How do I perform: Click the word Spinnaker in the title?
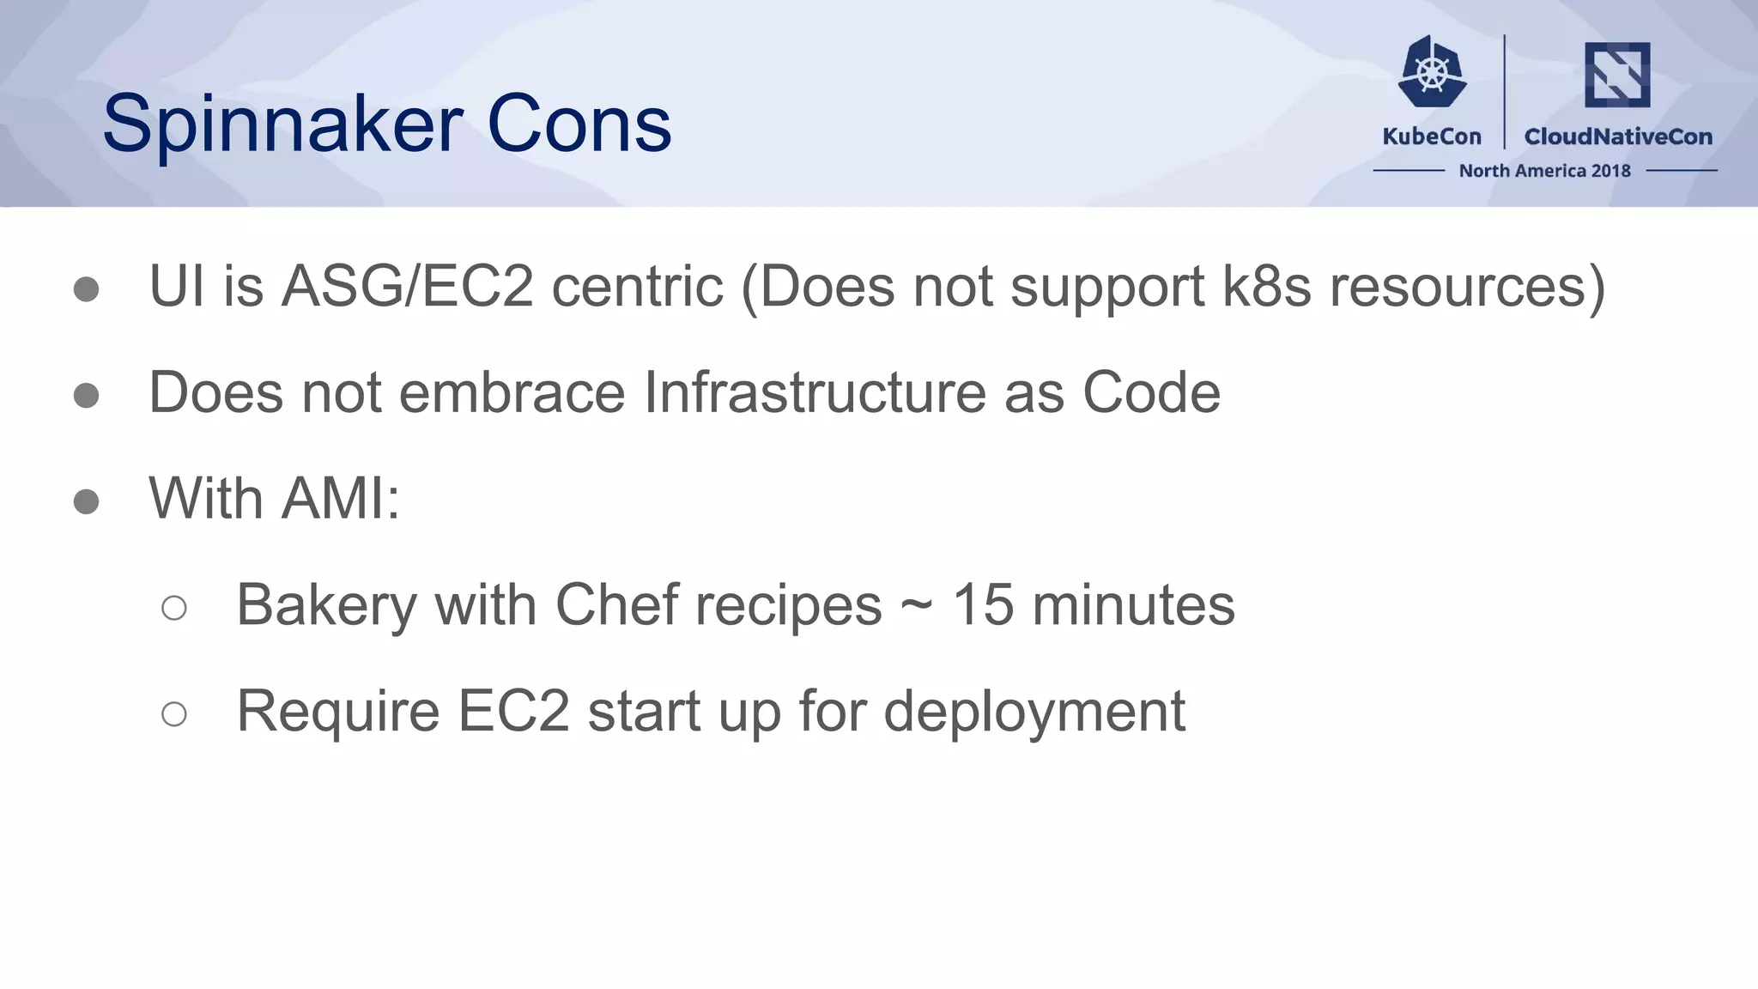coord(283,125)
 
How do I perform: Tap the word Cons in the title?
coord(579,125)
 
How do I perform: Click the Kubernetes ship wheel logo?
coord(1432,72)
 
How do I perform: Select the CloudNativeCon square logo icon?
coord(1617,75)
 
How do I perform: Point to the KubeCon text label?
coord(1432,137)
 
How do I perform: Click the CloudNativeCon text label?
coord(1618,137)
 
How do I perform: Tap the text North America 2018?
coord(1544,171)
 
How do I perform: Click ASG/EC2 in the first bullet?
coord(408,286)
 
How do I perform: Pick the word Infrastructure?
coord(814,392)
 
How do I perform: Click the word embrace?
coord(512,392)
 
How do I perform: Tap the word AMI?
coord(341,498)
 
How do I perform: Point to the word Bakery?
coord(326,605)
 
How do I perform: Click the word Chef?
coord(617,604)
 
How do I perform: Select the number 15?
coord(983,604)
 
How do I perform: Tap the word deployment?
coord(1034,712)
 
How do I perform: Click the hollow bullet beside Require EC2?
coord(174,713)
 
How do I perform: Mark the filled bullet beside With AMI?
coord(86,501)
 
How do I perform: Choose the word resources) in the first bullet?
coord(1467,286)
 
